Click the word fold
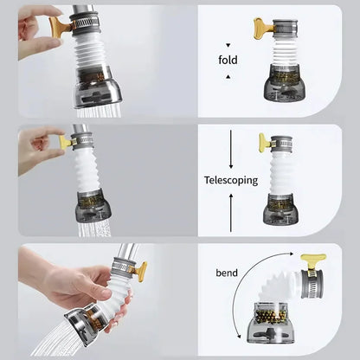click(x=228, y=60)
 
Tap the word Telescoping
click(x=231, y=180)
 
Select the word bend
click(x=227, y=273)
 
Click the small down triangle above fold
click(x=228, y=45)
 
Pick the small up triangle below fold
click(x=228, y=76)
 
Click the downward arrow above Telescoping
click(x=231, y=149)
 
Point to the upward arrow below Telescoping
click(x=231, y=213)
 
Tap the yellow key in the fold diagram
click(x=262, y=28)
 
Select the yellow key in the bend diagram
click(x=312, y=262)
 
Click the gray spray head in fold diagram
click(x=285, y=82)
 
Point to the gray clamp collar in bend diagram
click(x=312, y=284)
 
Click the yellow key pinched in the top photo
click(x=60, y=27)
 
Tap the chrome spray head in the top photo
click(x=97, y=88)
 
